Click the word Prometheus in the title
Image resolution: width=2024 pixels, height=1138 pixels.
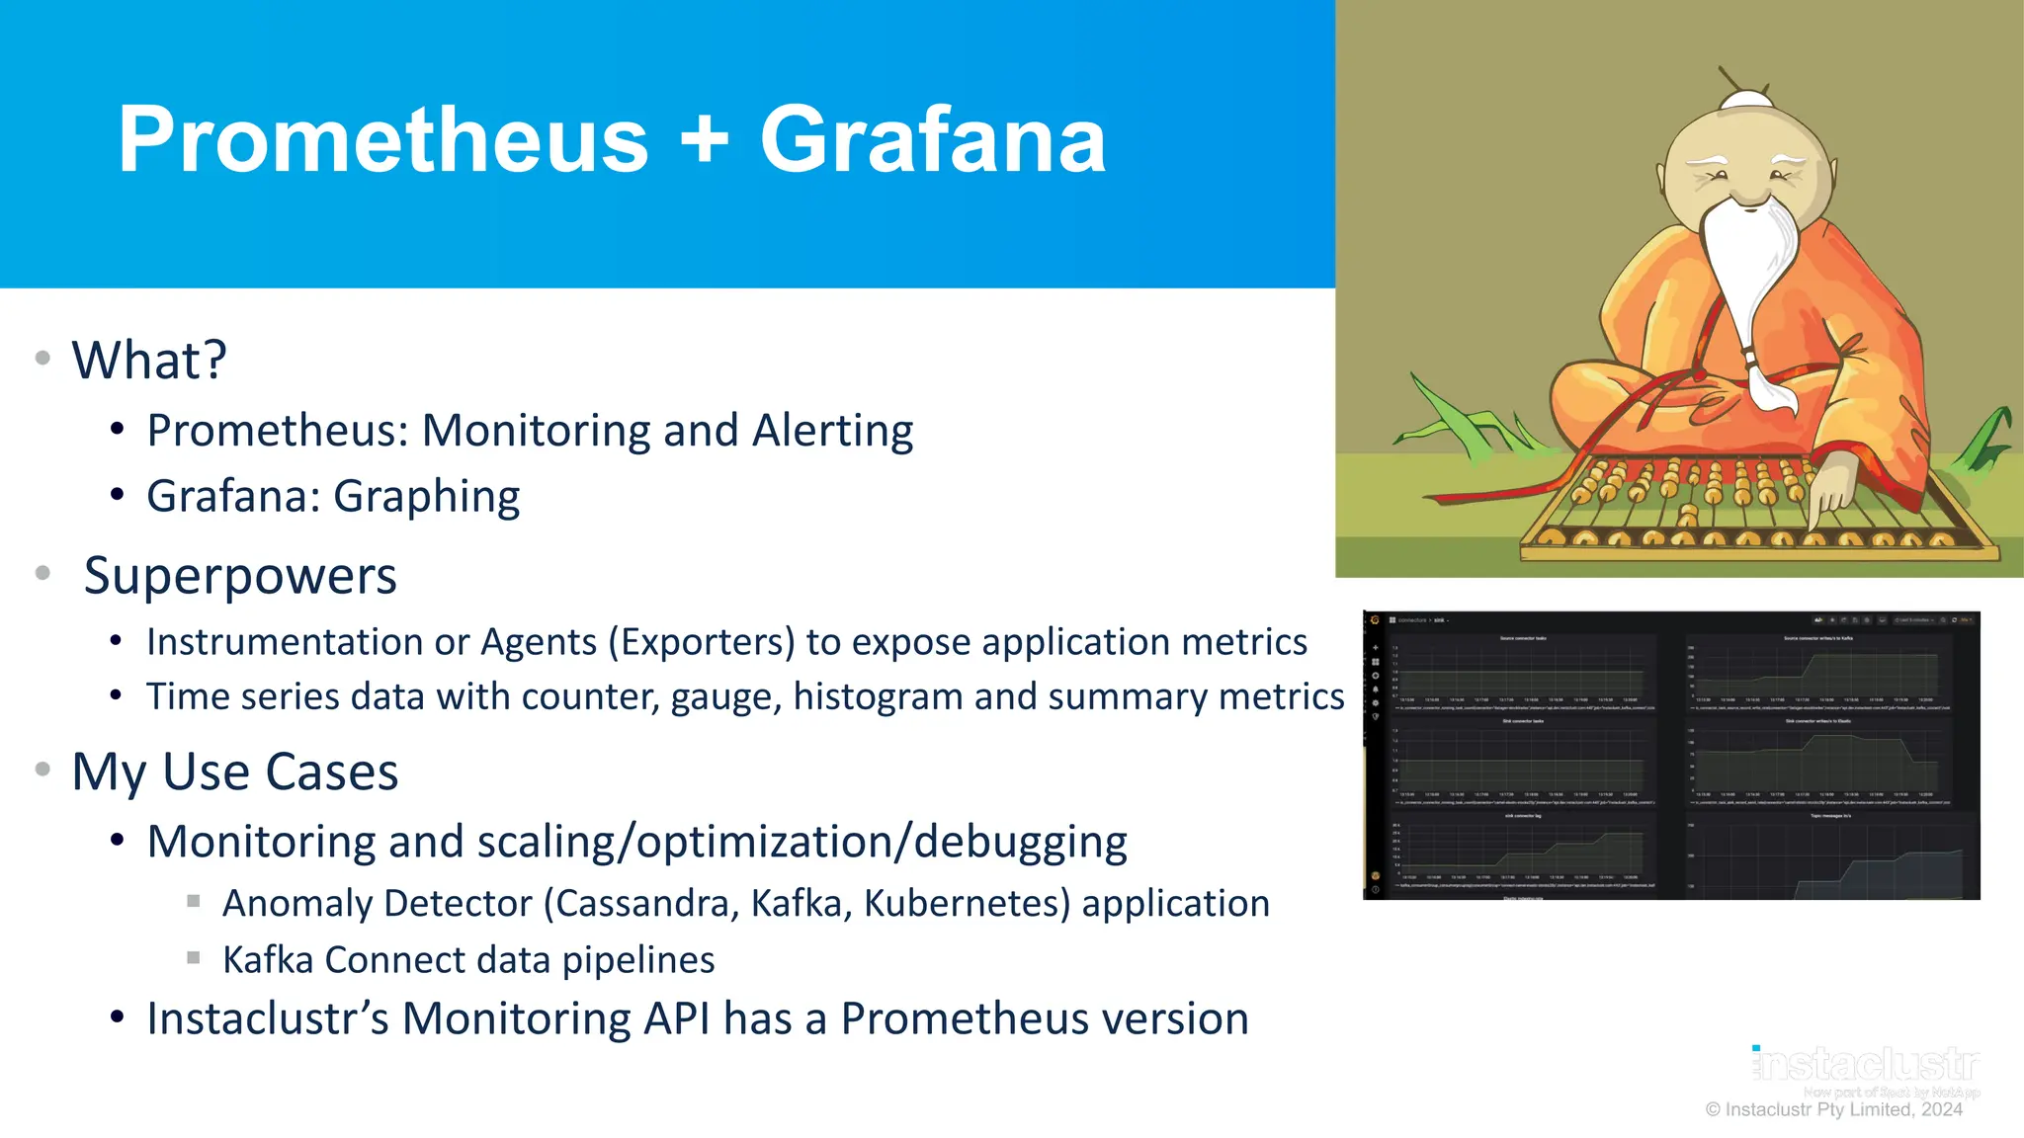click(382, 140)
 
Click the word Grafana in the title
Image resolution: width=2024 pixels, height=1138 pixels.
click(932, 140)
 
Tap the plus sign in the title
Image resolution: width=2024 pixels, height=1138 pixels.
click(704, 140)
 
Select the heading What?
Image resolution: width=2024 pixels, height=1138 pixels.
click(149, 360)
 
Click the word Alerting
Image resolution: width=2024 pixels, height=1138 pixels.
click(832, 431)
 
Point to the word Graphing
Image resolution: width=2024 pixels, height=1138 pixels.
click(426, 497)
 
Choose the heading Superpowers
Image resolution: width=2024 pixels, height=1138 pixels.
click(240, 576)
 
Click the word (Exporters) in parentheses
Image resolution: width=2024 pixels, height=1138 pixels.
click(701, 642)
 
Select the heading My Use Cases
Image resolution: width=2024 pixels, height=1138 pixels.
click(235, 772)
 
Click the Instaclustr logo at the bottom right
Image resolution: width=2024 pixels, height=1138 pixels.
click(1867, 1065)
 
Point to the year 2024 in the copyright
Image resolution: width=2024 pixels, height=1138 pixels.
click(1941, 1109)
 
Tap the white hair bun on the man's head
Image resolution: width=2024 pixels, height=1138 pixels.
click(1746, 100)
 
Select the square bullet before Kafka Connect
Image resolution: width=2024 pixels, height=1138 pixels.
click(194, 958)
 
